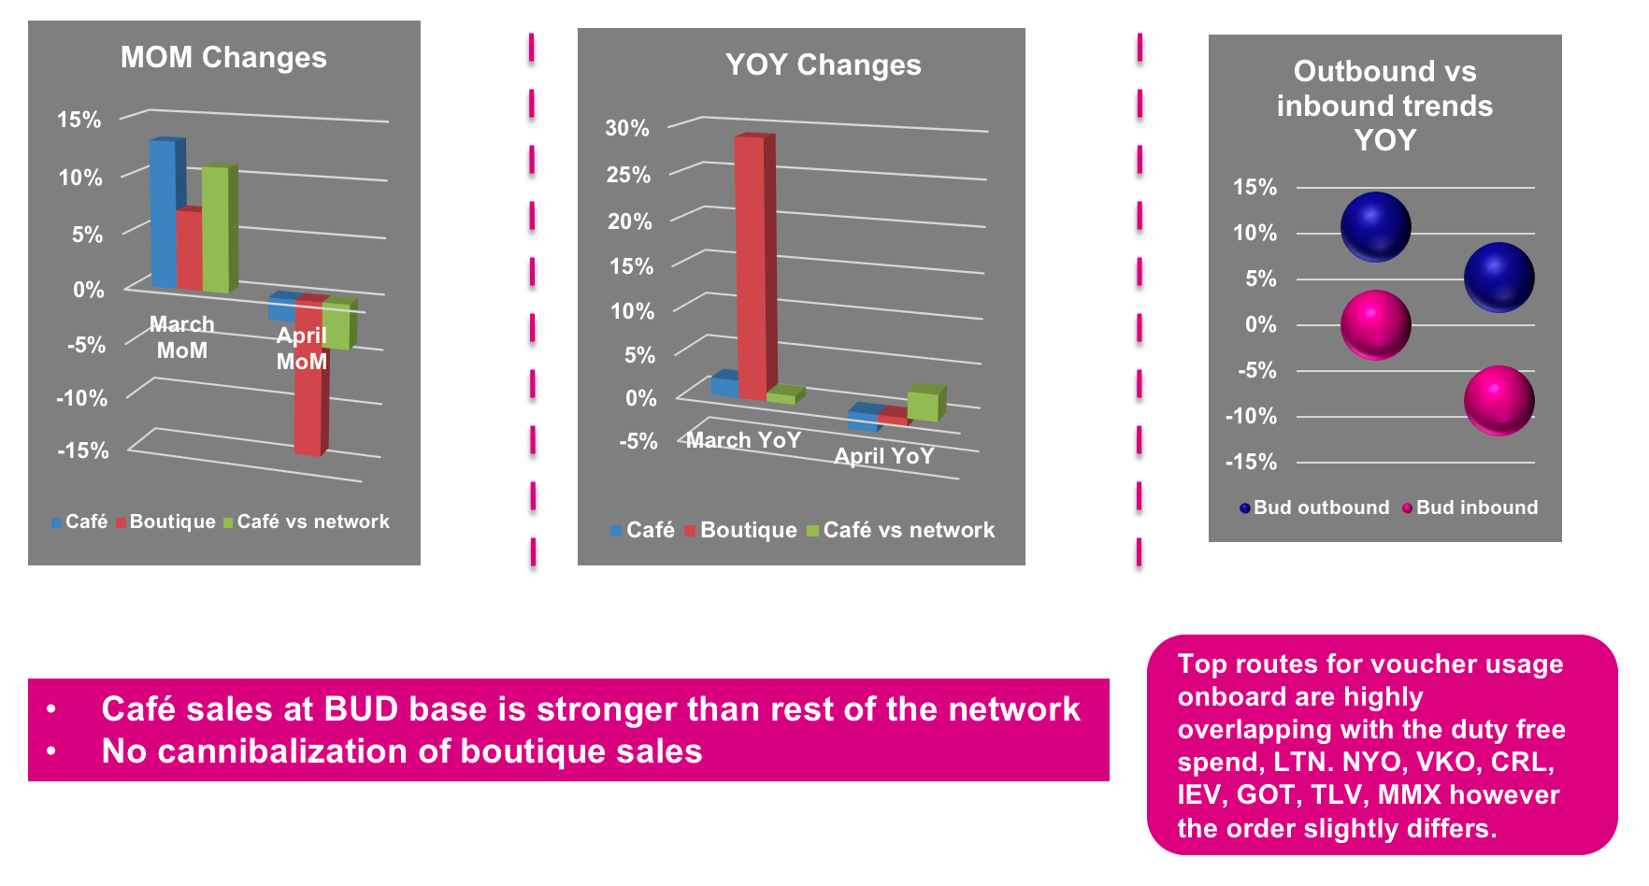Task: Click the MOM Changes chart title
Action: pos(223,58)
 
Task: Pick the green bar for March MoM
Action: pos(219,228)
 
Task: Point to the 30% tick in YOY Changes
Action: pos(627,128)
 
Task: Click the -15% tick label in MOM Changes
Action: pos(82,450)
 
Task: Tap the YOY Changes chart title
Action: pos(824,65)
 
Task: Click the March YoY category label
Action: pos(744,440)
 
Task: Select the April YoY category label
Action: pos(884,456)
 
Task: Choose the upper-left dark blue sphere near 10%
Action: pos(1375,227)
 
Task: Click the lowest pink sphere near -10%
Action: pos(1498,401)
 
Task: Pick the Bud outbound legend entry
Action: pos(1314,507)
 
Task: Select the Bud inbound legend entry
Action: pos(1470,507)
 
